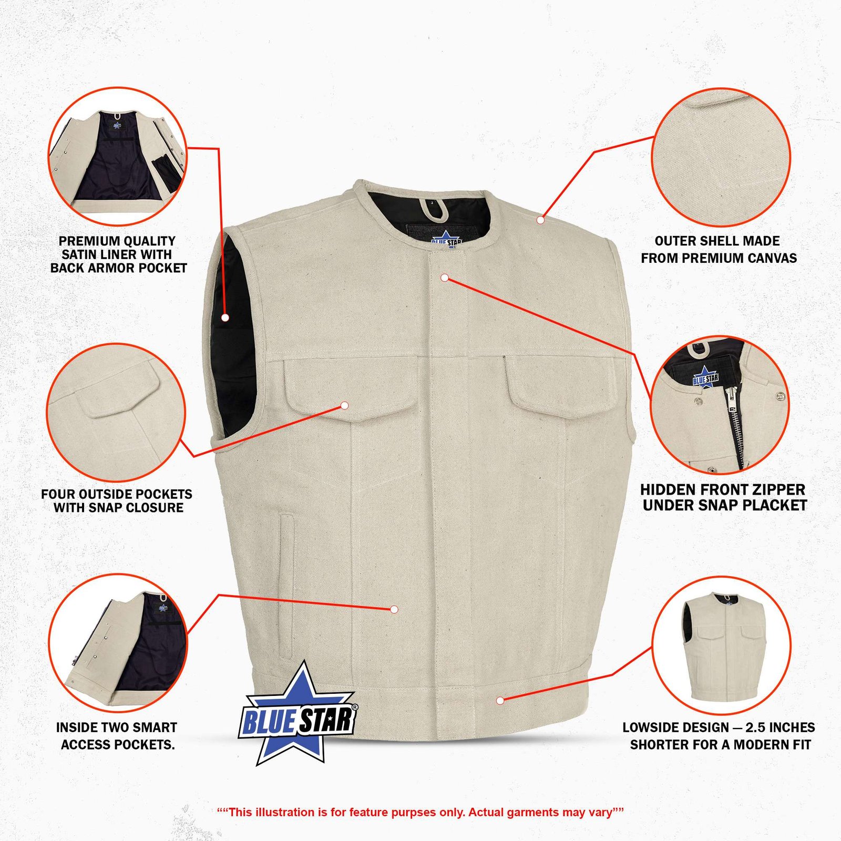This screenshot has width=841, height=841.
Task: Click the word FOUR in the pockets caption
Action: click(x=58, y=495)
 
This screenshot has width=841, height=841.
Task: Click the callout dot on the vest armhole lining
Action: click(x=225, y=317)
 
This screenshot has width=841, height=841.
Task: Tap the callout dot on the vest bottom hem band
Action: click(x=500, y=701)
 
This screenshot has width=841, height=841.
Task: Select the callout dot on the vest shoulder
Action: click(x=540, y=220)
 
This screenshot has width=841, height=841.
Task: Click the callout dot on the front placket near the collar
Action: click(x=445, y=277)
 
